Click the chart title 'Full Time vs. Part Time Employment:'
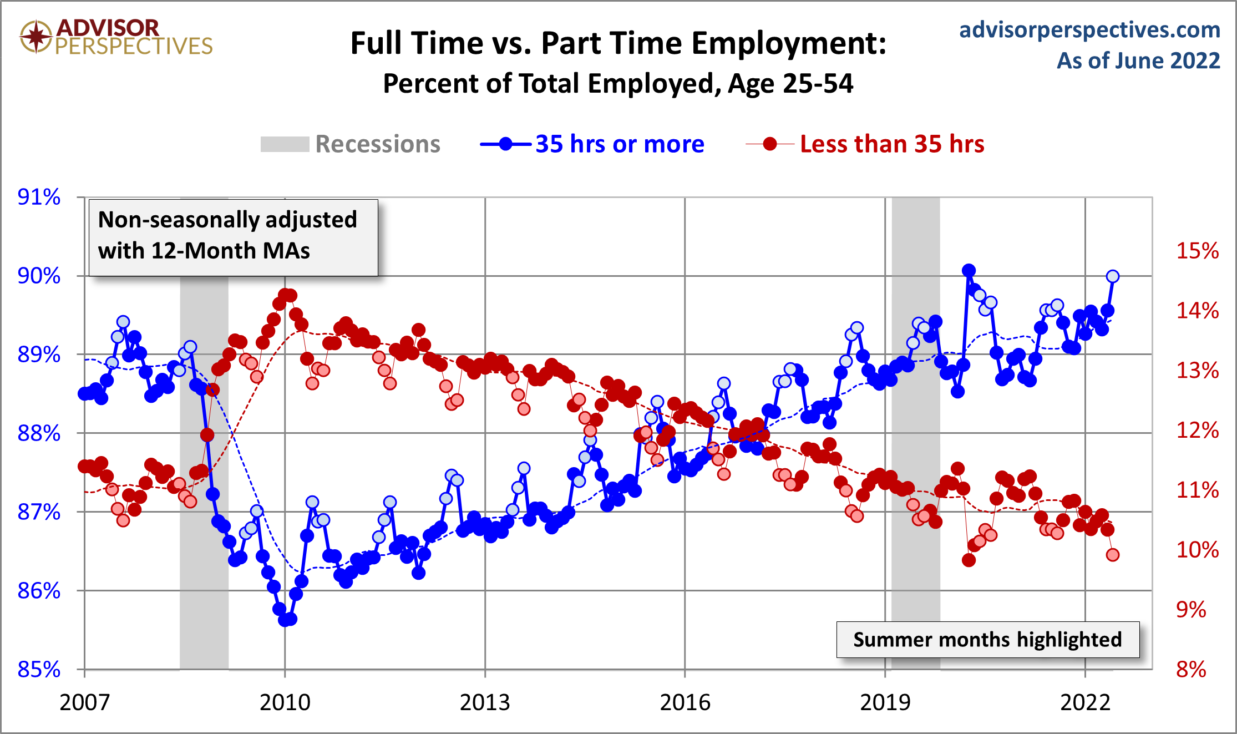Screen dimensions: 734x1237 [618, 43]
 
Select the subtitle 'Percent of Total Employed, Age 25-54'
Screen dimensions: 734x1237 [618, 84]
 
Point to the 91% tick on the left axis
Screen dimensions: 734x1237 [39, 197]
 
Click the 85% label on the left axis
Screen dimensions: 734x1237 [39, 670]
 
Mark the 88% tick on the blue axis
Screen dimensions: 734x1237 [39, 433]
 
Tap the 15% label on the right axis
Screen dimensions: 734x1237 [1197, 251]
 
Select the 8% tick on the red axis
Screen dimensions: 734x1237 [1191, 670]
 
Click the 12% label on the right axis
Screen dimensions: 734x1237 [1197, 431]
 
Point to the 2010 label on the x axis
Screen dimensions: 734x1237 [285, 702]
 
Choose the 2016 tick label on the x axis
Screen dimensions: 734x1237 [685, 702]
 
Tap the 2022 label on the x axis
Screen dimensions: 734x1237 [1085, 702]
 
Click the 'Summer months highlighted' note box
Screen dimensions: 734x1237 [987, 640]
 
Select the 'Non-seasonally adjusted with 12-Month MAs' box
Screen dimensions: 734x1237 [233, 236]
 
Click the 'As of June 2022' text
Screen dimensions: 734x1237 [1138, 60]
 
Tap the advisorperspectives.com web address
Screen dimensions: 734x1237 [1089, 29]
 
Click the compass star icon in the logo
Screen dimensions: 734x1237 [37, 37]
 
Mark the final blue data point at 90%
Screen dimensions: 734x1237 [1112, 276]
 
